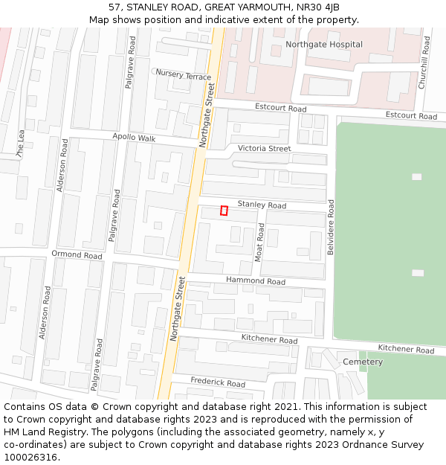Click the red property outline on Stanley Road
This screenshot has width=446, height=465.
coord(224,211)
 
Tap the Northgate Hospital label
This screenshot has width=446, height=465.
coord(324,45)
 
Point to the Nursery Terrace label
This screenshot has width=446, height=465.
coord(184,75)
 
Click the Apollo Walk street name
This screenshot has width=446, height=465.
coord(134,138)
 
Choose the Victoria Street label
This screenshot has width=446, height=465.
coord(265,149)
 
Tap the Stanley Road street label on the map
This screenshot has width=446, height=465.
coord(262,205)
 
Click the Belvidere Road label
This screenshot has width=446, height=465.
coord(332,228)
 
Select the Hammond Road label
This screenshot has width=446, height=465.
coord(256,281)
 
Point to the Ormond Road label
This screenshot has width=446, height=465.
coord(77,255)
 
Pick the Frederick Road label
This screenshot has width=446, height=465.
coord(218,383)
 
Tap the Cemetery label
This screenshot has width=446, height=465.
coord(363,362)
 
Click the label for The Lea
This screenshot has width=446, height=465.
coord(21,145)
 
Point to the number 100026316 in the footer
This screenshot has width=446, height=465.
coord(32,457)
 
